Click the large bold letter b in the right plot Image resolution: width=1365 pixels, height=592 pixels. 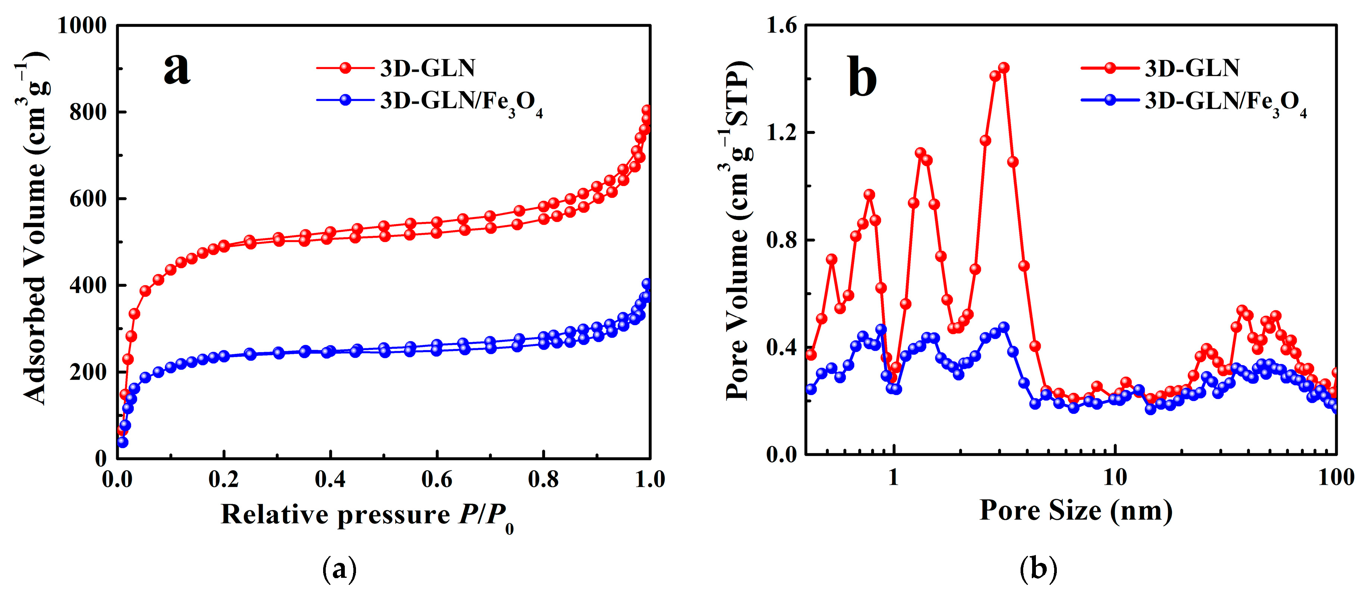point(862,80)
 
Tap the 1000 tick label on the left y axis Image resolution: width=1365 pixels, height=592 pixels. point(81,25)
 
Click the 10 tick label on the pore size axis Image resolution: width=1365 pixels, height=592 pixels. point(1114,477)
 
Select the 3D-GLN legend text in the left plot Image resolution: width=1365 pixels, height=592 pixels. point(428,68)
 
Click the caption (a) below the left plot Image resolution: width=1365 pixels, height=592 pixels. point(339,569)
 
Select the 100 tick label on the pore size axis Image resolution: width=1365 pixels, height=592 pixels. point(1335,477)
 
